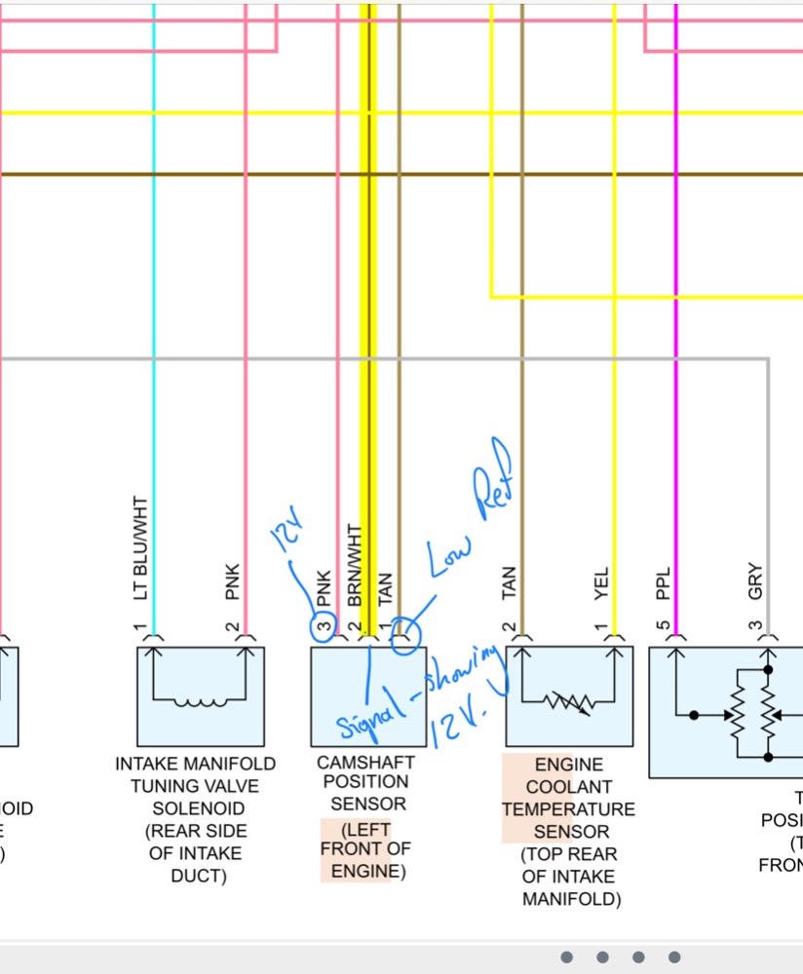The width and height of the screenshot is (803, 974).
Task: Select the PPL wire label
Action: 663,585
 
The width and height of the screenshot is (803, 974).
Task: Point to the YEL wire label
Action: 601,584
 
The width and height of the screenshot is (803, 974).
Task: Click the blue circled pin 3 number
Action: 323,627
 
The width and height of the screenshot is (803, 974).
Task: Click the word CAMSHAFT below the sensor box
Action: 365,762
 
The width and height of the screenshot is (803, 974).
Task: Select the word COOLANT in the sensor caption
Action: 568,787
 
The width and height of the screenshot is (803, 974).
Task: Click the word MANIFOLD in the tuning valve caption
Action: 227,764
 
